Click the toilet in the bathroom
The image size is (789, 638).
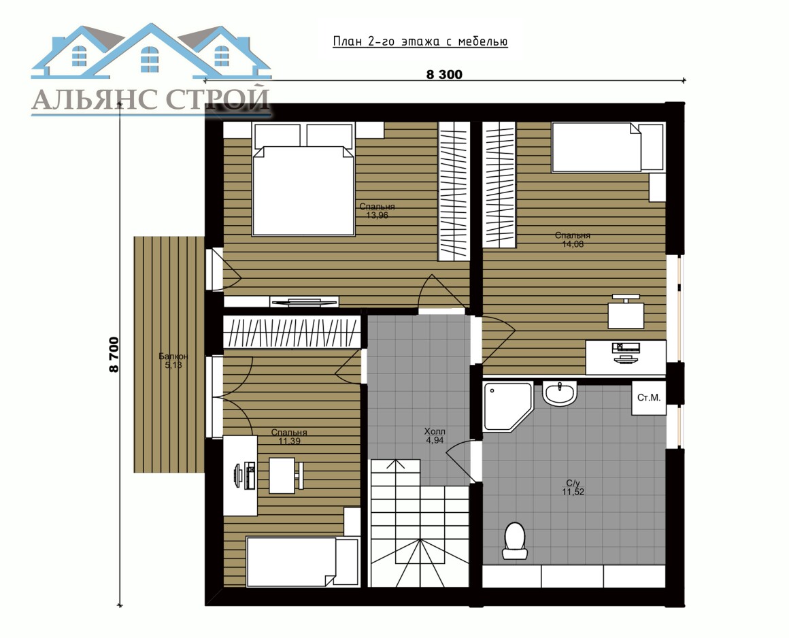tap(515, 541)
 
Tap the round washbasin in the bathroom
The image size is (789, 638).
tap(560, 393)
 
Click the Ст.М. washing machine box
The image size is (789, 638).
tap(649, 398)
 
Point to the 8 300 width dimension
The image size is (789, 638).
tap(444, 74)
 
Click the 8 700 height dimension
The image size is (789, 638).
tap(114, 355)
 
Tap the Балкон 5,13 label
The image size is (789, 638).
tap(173, 360)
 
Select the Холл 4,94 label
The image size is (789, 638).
tap(435, 436)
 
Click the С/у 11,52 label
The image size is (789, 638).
tap(573, 488)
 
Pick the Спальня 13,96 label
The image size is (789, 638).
tap(377, 211)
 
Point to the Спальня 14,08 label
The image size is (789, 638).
tap(573, 239)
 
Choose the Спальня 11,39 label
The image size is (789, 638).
tap(289, 437)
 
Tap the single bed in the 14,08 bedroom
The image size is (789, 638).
tap(608, 148)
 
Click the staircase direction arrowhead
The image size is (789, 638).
tap(395, 463)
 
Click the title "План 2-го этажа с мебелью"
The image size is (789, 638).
tap(420, 41)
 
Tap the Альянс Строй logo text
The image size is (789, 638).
tap(151, 99)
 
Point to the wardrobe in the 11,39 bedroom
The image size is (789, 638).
tap(292, 331)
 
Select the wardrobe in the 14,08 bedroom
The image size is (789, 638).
tap(499, 184)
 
